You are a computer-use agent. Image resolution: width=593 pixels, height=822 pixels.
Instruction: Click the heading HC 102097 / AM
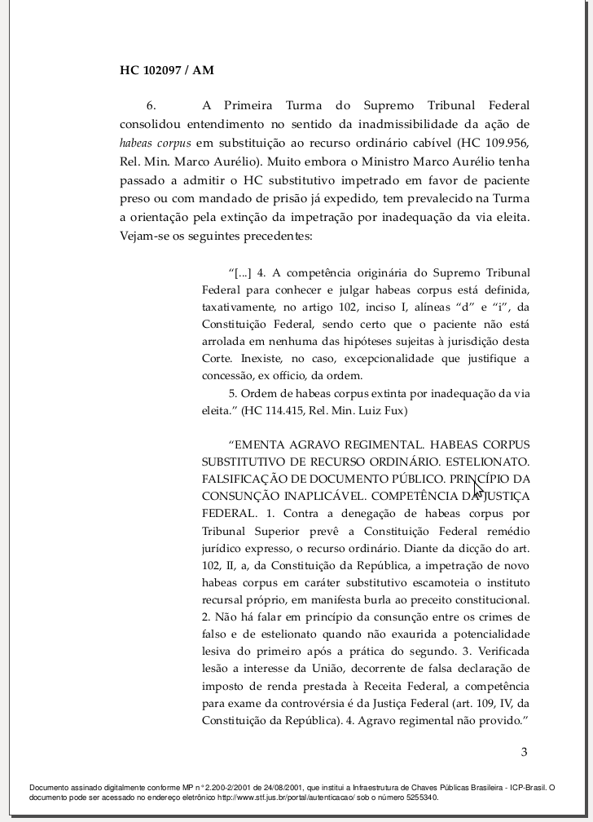coord(166,70)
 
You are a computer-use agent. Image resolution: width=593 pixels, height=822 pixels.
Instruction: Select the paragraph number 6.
coord(151,106)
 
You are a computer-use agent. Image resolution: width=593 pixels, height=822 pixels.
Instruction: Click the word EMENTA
coord(258,445)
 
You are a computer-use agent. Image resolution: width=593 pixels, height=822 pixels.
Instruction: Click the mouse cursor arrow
coord(478,489)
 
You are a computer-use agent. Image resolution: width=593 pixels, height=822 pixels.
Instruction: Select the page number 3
coord(525,752)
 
